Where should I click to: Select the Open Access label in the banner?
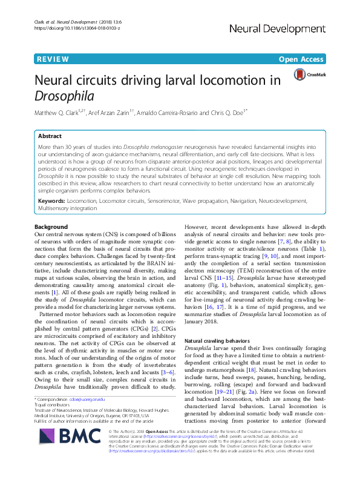click(305, 59)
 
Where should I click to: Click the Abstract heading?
click(50, 136)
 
